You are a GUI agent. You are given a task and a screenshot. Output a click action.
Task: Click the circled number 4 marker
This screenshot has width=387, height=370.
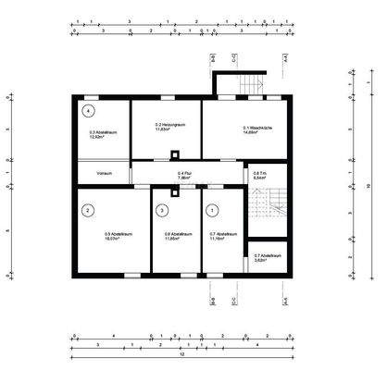(87, 110)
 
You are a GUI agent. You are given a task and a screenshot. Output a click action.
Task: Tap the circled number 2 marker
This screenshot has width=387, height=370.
(87, 210)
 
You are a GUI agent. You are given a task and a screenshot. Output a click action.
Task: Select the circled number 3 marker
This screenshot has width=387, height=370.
(162, 211)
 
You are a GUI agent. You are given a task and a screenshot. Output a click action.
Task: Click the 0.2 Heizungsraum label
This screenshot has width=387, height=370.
(166, 127)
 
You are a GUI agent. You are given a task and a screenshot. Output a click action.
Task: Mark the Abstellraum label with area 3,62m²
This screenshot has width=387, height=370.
(265, 258)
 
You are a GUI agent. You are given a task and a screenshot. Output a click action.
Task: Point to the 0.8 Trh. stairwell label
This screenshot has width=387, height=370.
(261, 174)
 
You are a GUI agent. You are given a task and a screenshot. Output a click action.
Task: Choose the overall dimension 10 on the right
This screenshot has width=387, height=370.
(368, 186)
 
